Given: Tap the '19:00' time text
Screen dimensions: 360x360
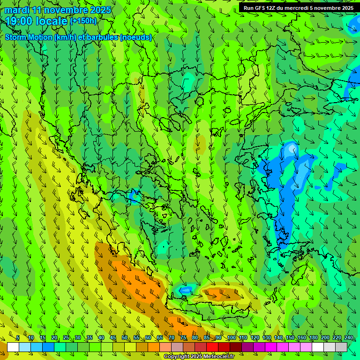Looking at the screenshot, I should pyautogui.click(x=19, y=21).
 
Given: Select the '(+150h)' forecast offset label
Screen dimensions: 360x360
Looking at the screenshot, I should pyautogui.click(x=83, y=21).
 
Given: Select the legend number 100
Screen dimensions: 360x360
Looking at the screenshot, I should pyautogui.click(x=231, y=338).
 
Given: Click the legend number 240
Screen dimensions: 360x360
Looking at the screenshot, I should pyautogui.click(x=348, y=338).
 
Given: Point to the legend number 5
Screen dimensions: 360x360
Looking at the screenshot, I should pyautogui.click(x=18, y=338).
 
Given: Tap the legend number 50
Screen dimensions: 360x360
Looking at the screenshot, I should pyautogui.click(x=125, y=338).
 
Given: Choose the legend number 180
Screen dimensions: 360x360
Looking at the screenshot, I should pyautogui.click(x=313, y=338).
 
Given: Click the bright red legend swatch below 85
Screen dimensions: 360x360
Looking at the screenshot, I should pyautogui.click(x=212, y=347).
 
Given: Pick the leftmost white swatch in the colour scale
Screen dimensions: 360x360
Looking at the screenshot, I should pyautogui.click(x=13, y=347).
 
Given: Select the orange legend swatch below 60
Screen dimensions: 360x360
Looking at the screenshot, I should pyautogui.click(x=154, y=347).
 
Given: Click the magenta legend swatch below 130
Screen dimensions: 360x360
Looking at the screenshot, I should pyautogui.click(x=271, y=347).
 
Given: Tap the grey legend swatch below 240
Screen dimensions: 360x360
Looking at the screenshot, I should pyautogui.click(x=341, y=347).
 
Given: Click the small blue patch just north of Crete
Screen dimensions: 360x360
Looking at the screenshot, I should pyautogui.click(x=186, y=290).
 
